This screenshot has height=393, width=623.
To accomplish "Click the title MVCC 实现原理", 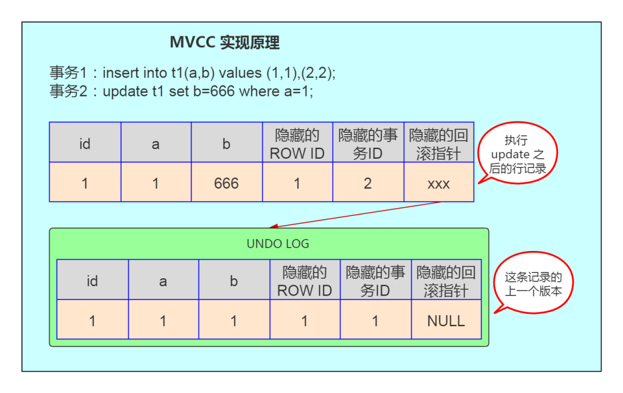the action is pos(224,42).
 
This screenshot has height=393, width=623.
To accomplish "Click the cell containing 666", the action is pos(226,183).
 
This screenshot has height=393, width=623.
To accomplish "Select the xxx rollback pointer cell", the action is pos(438,183).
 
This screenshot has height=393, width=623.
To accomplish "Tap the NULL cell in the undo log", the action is pos(446,320).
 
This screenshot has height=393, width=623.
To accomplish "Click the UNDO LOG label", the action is pos(277,244).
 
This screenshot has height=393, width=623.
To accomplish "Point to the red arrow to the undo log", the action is pos(358,215).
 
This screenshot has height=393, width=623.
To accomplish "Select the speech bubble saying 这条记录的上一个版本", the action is pos(532,284).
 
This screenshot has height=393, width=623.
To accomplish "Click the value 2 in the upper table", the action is pos(367,183).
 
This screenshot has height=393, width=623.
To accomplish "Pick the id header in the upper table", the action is pos(85,143).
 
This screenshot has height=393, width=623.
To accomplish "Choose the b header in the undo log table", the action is pos(234,281).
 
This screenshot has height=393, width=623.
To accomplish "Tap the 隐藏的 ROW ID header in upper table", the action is pos(297,143).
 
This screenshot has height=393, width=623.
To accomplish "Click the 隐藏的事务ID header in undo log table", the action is pos(375,281).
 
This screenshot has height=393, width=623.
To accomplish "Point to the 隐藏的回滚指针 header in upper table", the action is pos(438,143).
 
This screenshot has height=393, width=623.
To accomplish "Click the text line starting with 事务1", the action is pos(192,73).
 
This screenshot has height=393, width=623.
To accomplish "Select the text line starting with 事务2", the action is pos(181,91).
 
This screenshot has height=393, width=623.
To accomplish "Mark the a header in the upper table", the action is pos(155,143).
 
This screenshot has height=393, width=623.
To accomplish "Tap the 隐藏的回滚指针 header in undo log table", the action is pos(446,281).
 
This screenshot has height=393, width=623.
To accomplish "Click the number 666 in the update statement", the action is pos(222,91).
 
